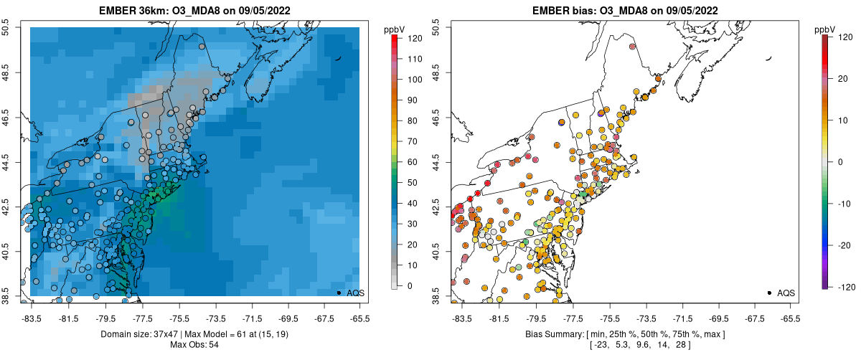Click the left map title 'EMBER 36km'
(131, 10)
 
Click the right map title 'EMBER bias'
(561, 10)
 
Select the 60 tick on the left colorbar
(414, 162)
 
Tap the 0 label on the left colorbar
(410, 286)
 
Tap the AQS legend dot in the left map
(339, 293)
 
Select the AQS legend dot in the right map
(769, 293)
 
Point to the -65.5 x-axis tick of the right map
(789, 318)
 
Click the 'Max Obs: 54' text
(194, 345)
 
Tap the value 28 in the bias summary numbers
(679, 345)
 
